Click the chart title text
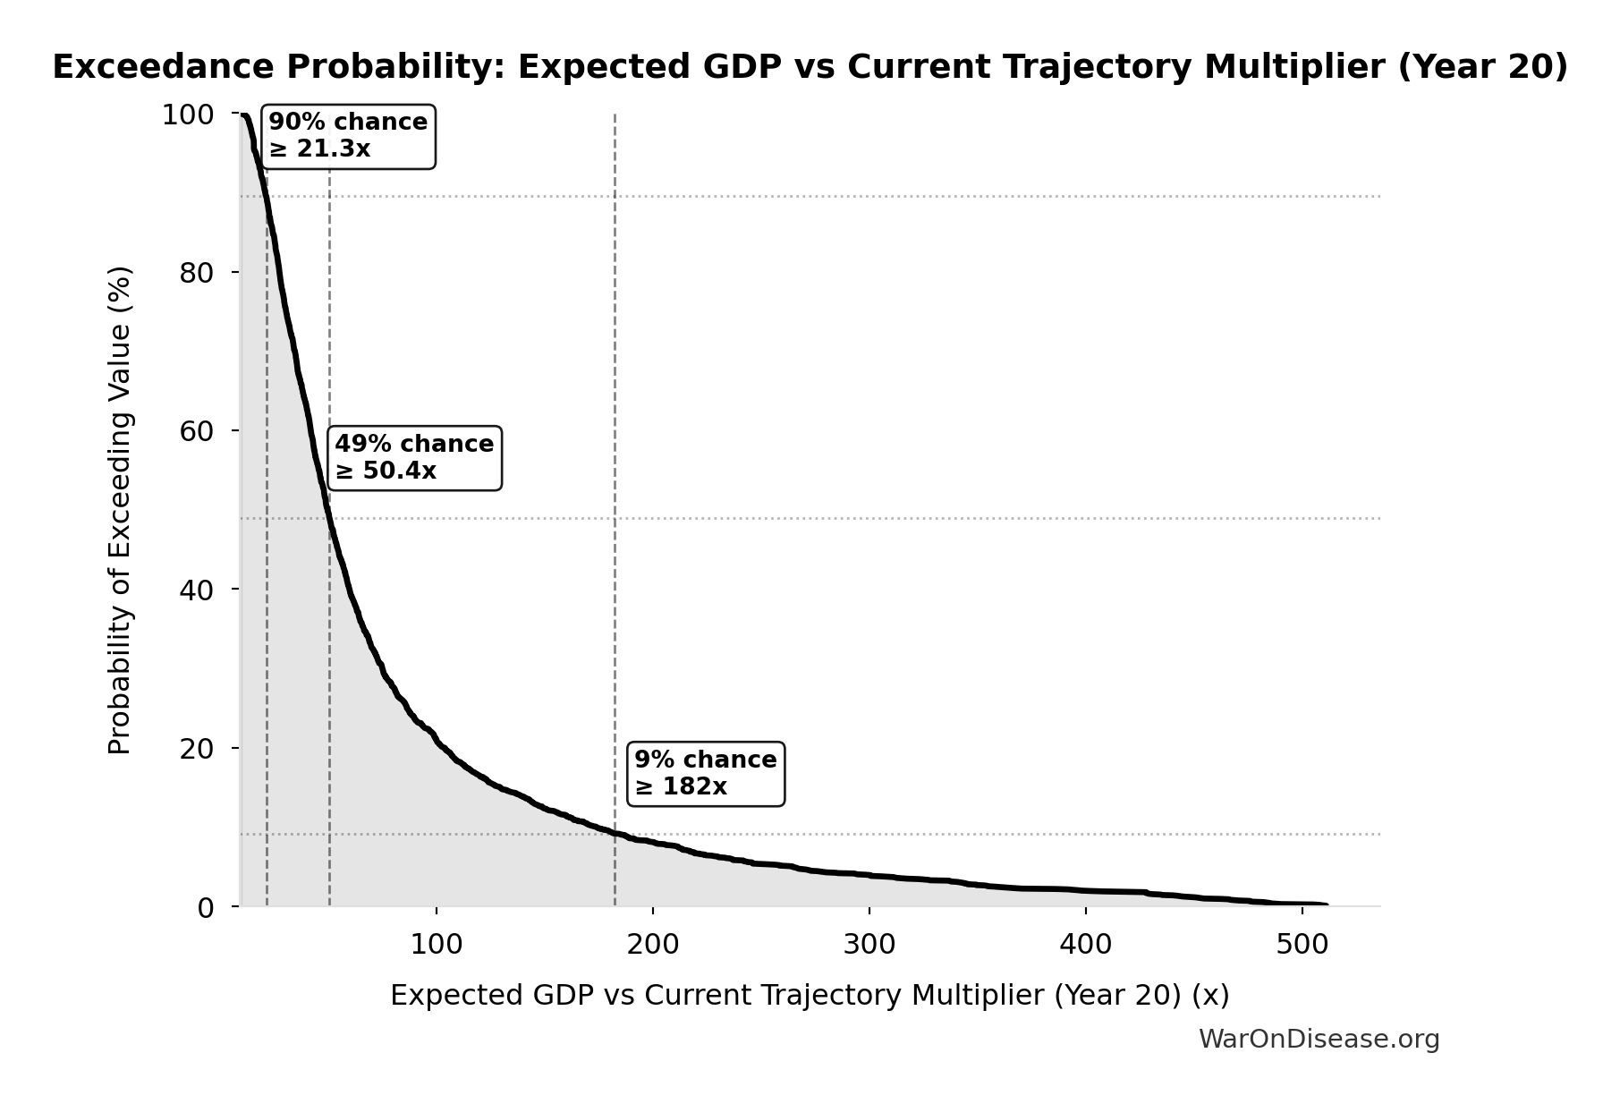pos(810,68)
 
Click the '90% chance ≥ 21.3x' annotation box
pos(348,136)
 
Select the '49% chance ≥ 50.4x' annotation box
pos(414,458)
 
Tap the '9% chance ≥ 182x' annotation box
pos(706,774)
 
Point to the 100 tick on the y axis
pos(187,115)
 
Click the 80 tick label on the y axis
pos(196,273)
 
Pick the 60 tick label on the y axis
pos(196,431)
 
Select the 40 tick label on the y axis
pos(196,590)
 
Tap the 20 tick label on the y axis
pos(196,749)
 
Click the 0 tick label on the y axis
pos(206,907)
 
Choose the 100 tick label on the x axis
pos(437,945)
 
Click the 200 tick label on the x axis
pos(653,945)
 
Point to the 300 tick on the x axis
pos(869,945)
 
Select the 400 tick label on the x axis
pos(1086,945)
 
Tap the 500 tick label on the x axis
pos(1302,945)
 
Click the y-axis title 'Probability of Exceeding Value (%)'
pos(120,510)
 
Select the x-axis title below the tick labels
pos(810,996)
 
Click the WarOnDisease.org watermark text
pos(1319,1040)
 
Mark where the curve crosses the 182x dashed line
pos(615,834)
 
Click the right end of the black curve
pos(1326,905)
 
